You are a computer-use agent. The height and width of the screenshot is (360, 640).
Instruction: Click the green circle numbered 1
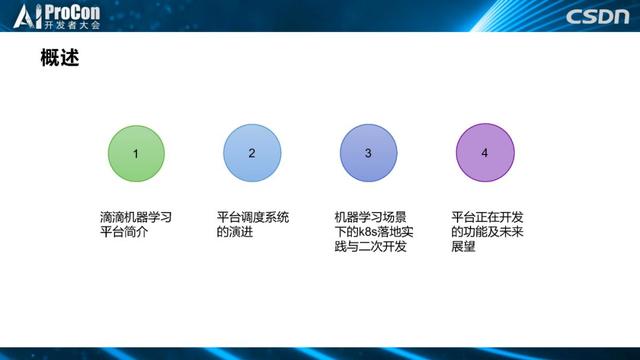pos(136,154)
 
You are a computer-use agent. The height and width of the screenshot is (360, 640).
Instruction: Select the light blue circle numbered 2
pos(252,154)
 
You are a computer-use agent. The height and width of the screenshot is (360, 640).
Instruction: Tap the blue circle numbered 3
pos(368,154)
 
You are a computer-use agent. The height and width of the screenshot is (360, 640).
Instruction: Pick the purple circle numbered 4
pos(485,154)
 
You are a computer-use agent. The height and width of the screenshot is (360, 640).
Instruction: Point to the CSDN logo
pos(598,17)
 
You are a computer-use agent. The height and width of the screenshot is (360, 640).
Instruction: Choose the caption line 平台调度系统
pos(252,217)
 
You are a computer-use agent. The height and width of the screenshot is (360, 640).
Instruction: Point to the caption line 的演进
pos(236,232)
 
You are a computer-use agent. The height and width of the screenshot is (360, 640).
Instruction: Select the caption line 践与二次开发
pos(370,247)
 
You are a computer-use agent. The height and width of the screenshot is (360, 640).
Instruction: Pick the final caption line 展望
pos(464,247)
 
